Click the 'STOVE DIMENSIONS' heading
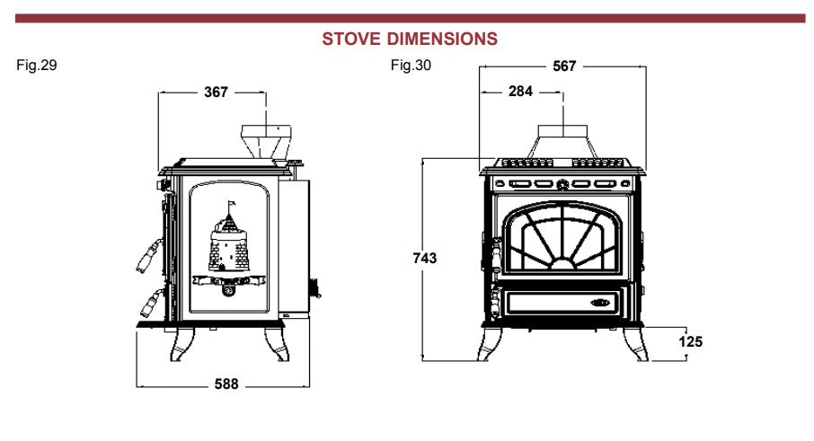pyautogui.click(x=409, y=39)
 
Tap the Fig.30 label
pyautogui.click(x=411, y=66)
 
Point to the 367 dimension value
pyautogui.click(x=216, y=91)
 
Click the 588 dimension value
pyautogui.click(x=226, y=384)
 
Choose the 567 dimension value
pyautogui.click(x=563, y=66)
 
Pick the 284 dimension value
pyautogui.click(x=520, y=91)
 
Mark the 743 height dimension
pyautogui.click(x=424, y=259)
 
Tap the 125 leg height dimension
pyautogui.click(x=690, y=342)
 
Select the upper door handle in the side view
pyautogui.click(x=146, y=256)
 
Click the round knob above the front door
pyautogui.click(x=562, y=186)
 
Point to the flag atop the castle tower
pyautogui.click(x=230, y=203)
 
